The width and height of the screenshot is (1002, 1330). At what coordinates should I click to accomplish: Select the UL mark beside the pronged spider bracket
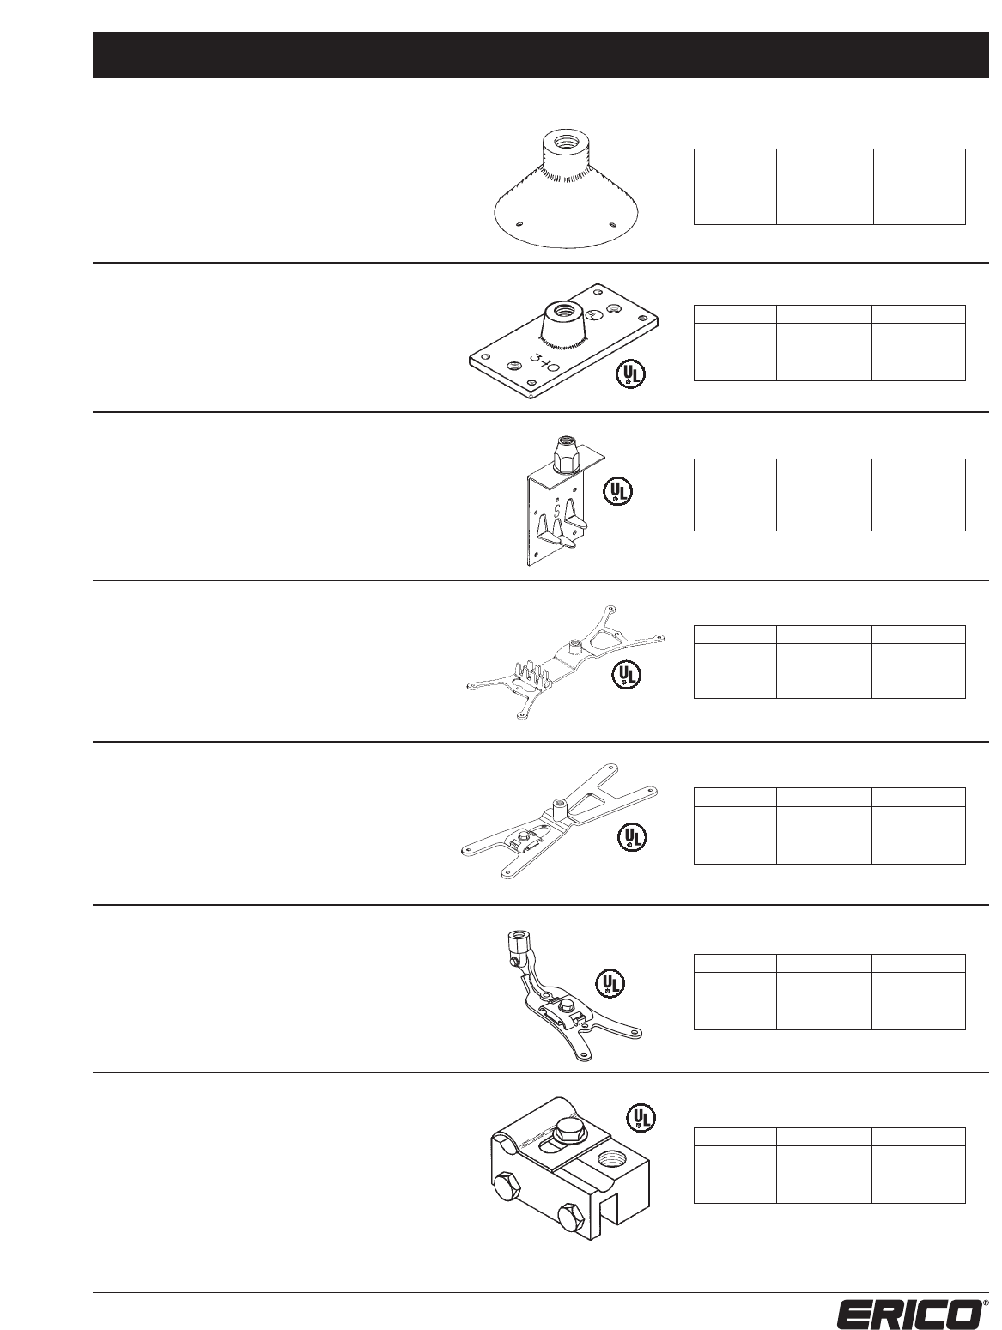[626, 675]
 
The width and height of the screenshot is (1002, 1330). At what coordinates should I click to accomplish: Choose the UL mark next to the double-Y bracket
[633, 838]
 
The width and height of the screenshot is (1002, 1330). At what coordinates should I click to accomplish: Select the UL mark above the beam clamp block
[640, 1116]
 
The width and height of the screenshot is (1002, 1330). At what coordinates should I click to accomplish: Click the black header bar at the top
[540, 55]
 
